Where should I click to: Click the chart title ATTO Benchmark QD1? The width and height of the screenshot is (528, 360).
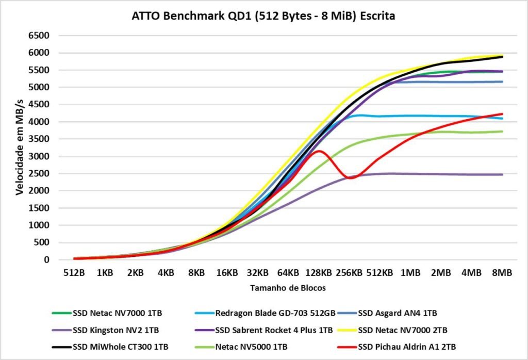(263, 16)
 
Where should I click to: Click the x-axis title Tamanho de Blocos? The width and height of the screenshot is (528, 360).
(288, 288)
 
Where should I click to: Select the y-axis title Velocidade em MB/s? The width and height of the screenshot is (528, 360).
(20, 148)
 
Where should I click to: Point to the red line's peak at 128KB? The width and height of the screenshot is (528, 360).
(319, 151)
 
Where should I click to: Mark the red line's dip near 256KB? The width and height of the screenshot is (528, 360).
(352, 178)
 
